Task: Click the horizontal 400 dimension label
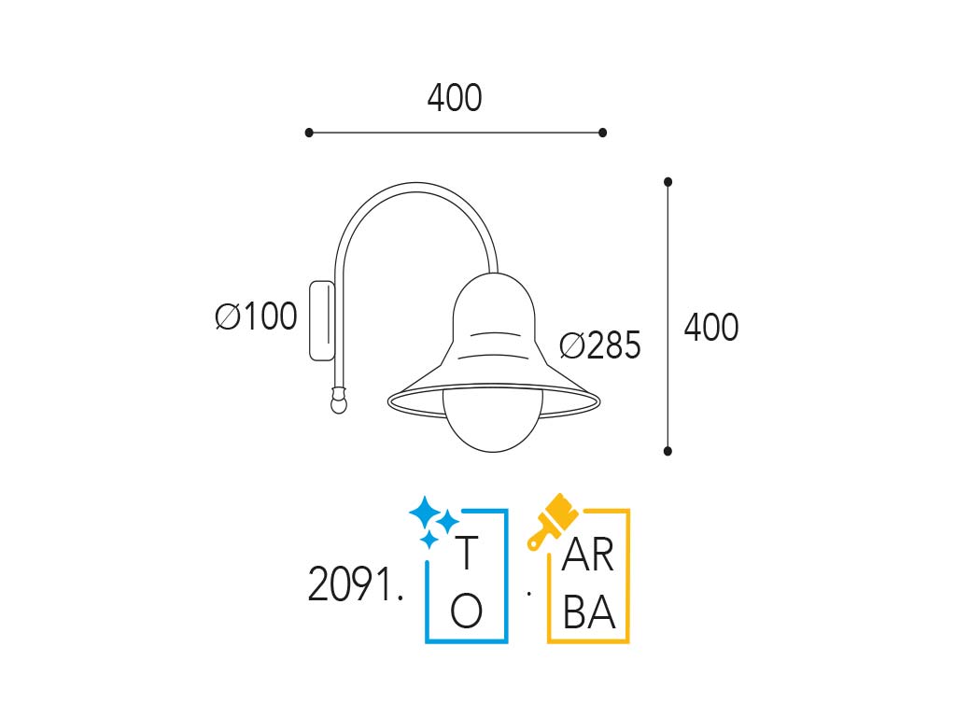[x=455, y=98]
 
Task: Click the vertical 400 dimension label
[x=711, y=328]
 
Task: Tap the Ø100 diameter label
[x=256, y=317]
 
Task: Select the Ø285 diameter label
[x=600, y=346]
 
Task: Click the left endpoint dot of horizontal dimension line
[x=309, y=133]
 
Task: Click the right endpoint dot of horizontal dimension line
[x=603, y=133]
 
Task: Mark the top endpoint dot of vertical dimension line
[x=668, y=182]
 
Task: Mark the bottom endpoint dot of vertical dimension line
[x=668, y=451]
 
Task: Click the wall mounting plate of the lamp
[x=321, y=320]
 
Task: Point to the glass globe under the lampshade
[x=492, y=425]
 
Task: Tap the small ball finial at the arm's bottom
[x=338, y=403]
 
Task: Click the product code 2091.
[x=356, y=586]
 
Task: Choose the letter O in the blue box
[x=467, y=612]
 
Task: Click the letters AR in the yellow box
[x=589, y=556]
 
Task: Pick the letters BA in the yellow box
[x=589, y=612]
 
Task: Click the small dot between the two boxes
[x=528, y=592]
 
